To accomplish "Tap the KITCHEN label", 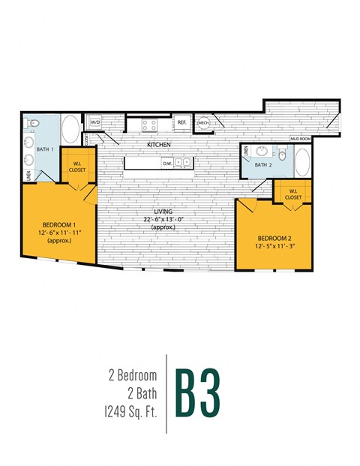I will pos(159,143).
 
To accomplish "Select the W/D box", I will pos(95,122).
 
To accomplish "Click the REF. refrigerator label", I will pos(181,122).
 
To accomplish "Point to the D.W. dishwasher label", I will pos(167,163).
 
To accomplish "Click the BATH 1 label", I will pos(45,149).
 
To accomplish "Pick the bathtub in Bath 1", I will pos(70,131).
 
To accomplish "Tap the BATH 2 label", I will pos(262,164).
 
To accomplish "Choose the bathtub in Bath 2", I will pos(302,163).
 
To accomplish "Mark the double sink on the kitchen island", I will pos(183,163).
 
